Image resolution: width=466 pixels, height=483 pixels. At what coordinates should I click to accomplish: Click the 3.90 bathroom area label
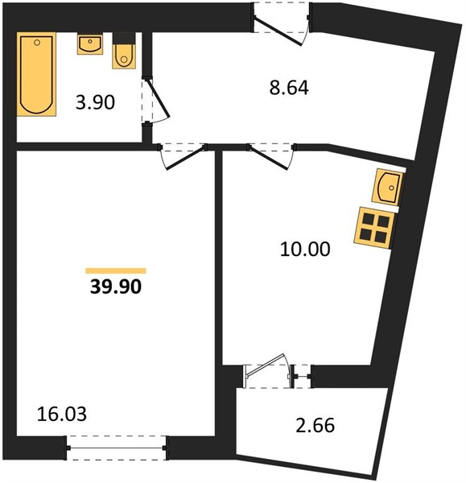[x=95, y=102]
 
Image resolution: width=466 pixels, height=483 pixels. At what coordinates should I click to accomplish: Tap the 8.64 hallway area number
[x=289, y=88]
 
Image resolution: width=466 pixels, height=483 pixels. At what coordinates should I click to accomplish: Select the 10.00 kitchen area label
[x=305, y=250]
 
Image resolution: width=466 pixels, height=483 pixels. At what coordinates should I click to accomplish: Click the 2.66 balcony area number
[x=315, y=425]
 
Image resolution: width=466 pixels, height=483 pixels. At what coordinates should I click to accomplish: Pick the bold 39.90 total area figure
[x=116, y=287]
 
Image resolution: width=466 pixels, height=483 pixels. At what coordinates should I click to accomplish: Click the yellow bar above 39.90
[x=116, y=270]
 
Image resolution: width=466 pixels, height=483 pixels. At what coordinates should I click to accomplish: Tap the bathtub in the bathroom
[x=36, y=74]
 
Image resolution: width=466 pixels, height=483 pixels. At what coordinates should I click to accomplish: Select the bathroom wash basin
[x=90, y=44]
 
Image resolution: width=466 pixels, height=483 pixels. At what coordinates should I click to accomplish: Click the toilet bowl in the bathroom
[x=124, y=56]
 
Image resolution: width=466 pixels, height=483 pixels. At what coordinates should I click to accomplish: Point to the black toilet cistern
[x=124, y=39]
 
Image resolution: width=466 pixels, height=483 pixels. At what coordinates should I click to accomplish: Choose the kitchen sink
[x=387, y=187]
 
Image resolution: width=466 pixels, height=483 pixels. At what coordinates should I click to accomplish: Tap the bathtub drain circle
[x=37, y=43]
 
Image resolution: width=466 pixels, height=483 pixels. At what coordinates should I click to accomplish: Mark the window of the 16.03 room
[x=117, y=448]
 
